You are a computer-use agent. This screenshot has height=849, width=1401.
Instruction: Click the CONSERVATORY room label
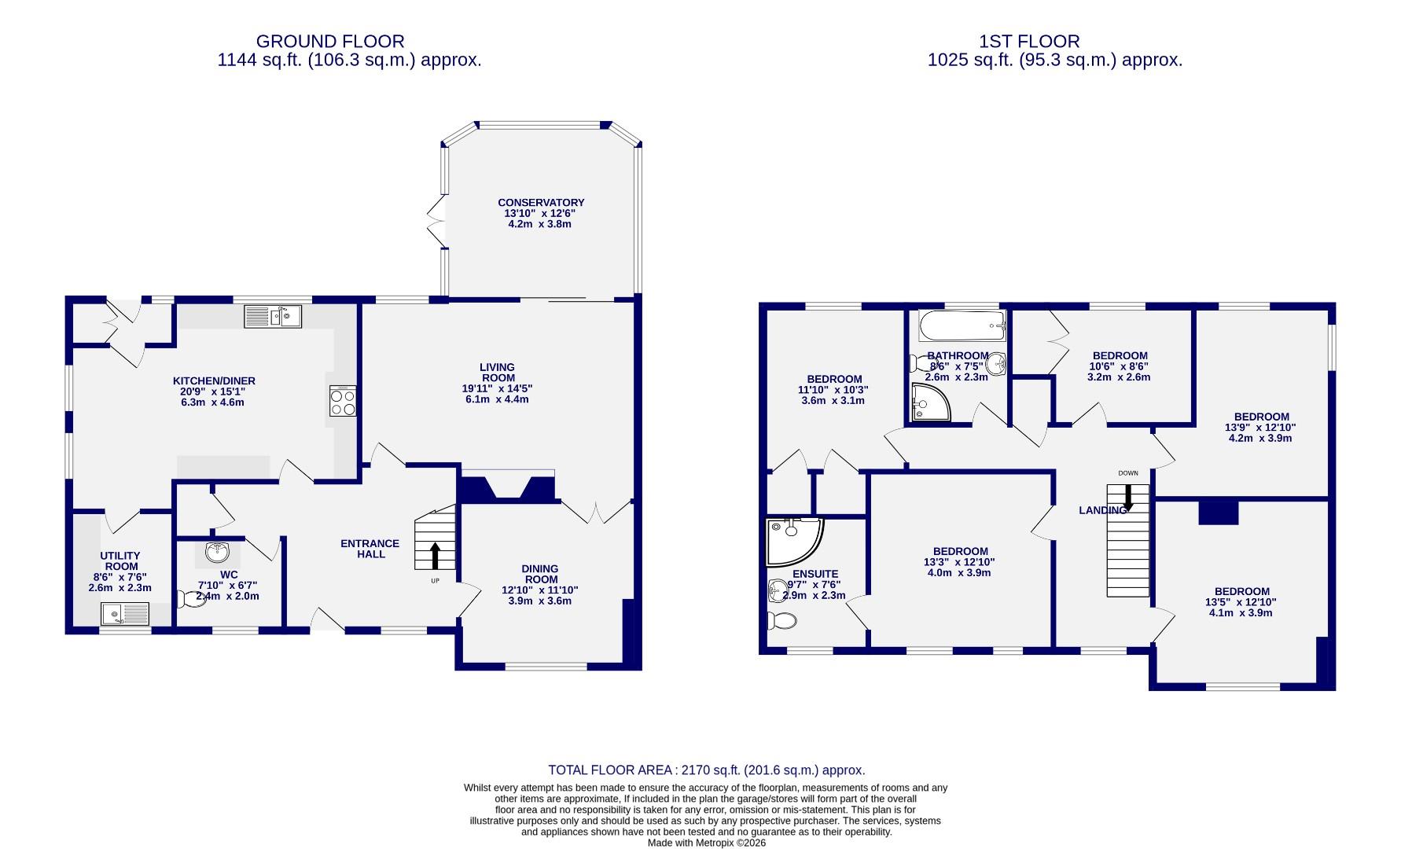click(540, 203)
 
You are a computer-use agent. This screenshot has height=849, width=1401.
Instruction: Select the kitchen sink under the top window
click(273, 317)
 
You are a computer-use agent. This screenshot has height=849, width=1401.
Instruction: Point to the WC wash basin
click(218, 552)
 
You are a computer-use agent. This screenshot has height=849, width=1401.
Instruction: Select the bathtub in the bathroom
click(962, 324)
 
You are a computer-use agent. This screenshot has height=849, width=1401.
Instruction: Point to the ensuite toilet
click(781, 621)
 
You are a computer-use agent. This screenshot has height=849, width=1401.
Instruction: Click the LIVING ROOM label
click(497, 373)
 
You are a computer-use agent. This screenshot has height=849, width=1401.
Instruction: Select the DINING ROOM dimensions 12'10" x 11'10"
click(540, 590)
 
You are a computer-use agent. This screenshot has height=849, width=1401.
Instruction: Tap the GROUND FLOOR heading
click(330, 41)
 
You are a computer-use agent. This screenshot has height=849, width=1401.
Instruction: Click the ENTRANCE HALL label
click(370, 549)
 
